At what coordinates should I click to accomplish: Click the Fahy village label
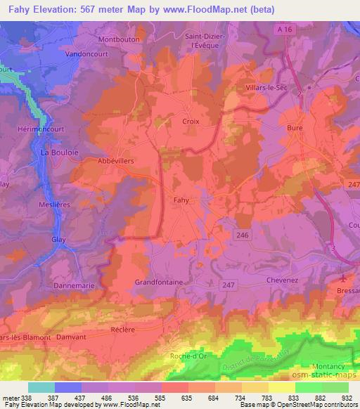click(x=181, y=200)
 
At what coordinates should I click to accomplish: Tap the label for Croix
click(x=191, y=121)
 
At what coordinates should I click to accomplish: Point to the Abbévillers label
click(x=114, y=160)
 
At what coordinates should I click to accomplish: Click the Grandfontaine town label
click(x=159, y=282)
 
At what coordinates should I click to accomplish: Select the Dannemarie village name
click(x=72, y=286)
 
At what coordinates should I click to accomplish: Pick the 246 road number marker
click(x=244, y=235)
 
